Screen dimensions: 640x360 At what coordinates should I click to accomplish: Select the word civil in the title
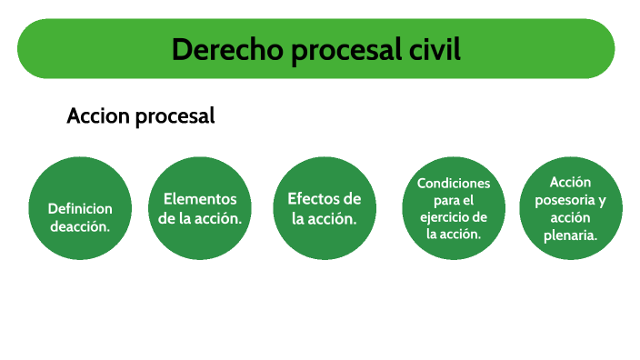point(430,49)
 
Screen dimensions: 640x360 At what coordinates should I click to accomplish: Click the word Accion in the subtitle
point(98,116)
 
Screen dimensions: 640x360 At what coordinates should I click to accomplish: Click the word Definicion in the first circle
point(80,208)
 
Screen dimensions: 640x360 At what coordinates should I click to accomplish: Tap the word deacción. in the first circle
point(80,225)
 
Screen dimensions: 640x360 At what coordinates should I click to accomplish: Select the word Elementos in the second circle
point(200,199)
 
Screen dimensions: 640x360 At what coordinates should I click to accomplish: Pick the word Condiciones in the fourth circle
point(454,184)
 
